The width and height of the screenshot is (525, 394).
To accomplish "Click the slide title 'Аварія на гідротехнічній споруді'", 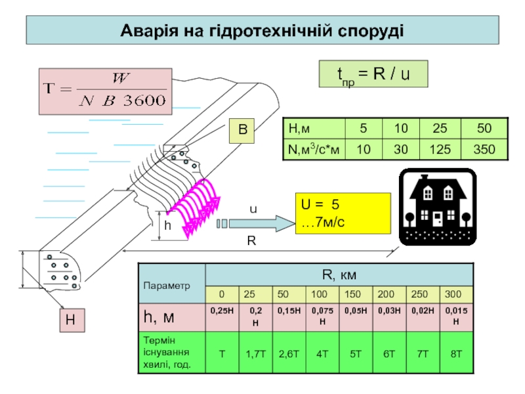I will coord(262,31).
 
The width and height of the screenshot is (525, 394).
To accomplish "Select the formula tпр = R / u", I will coord(373,74).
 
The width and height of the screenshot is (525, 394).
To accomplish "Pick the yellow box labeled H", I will coord(70,320).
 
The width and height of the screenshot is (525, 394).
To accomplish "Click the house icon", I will coord(438,206).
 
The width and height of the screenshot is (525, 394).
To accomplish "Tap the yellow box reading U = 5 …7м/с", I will coord(341,213).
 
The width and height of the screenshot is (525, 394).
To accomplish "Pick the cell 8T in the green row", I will coord(455,353).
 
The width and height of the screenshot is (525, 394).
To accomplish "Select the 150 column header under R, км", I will coord(355,292).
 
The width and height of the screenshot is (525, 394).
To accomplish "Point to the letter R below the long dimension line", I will coord(251,241).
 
